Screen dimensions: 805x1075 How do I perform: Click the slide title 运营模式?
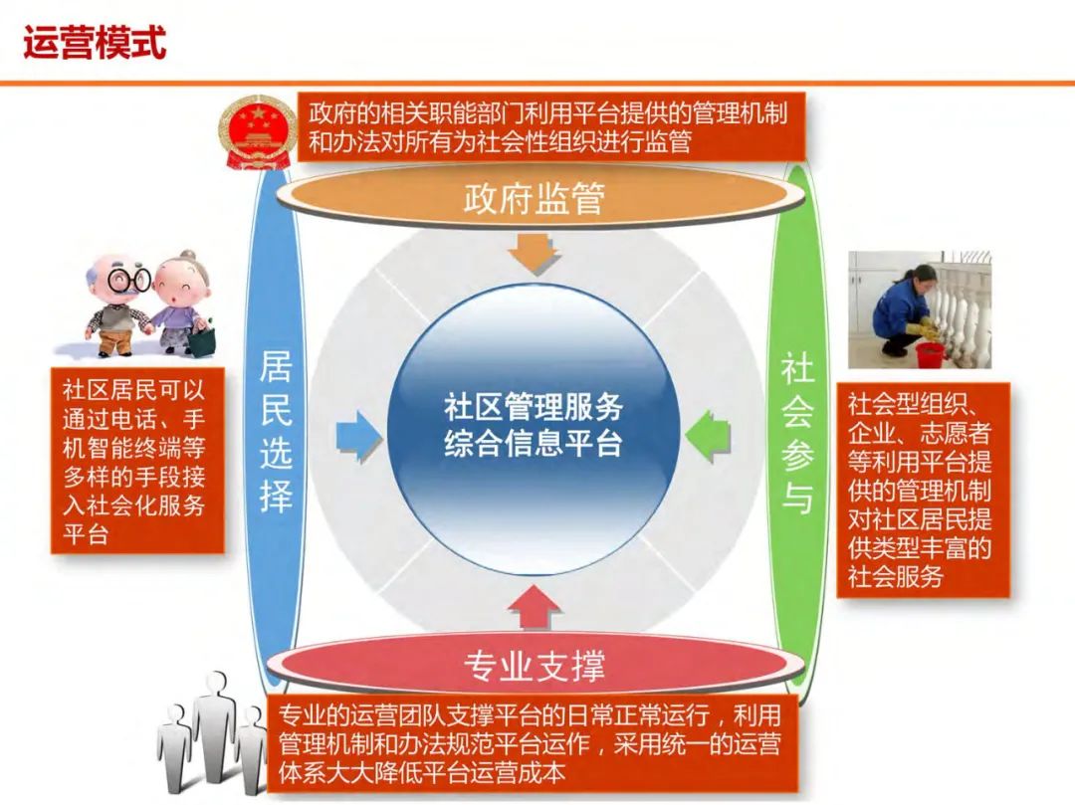tap(95, 43)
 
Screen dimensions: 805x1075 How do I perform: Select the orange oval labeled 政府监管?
tap(534, 199)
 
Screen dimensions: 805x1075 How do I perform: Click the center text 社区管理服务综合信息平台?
tap(534, 425)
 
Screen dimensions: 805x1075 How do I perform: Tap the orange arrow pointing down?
tap(534, 253)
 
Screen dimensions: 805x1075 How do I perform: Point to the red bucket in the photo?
tap(929, 354)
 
